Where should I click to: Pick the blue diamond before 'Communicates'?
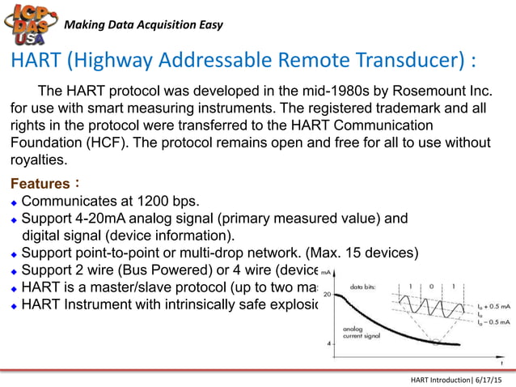click(x=13, y=202)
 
